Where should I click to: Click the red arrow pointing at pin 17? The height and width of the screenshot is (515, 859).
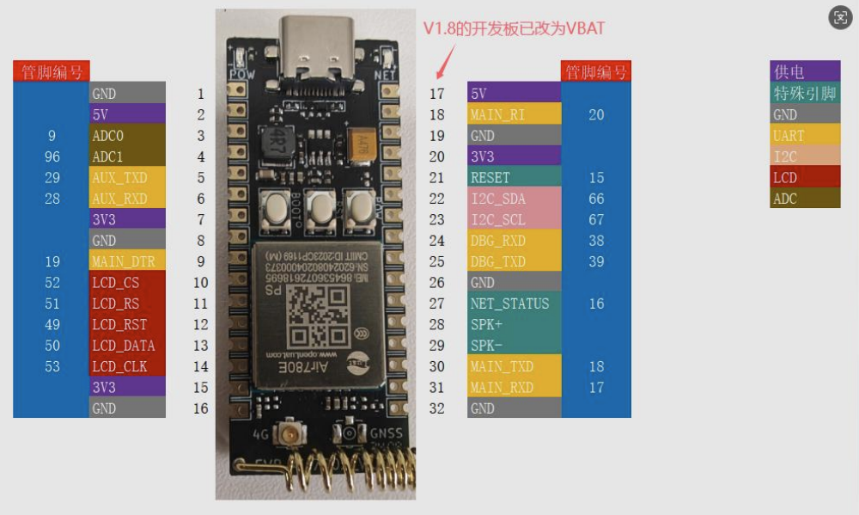(x=445, y=62)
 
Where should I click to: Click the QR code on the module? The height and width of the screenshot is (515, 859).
(x=314, y=310)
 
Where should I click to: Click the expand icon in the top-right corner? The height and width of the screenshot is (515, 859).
(x=840, y=17)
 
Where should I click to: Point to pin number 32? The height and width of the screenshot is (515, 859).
(x=437, y=408)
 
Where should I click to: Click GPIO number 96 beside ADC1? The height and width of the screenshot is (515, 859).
(x=52, y=157)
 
